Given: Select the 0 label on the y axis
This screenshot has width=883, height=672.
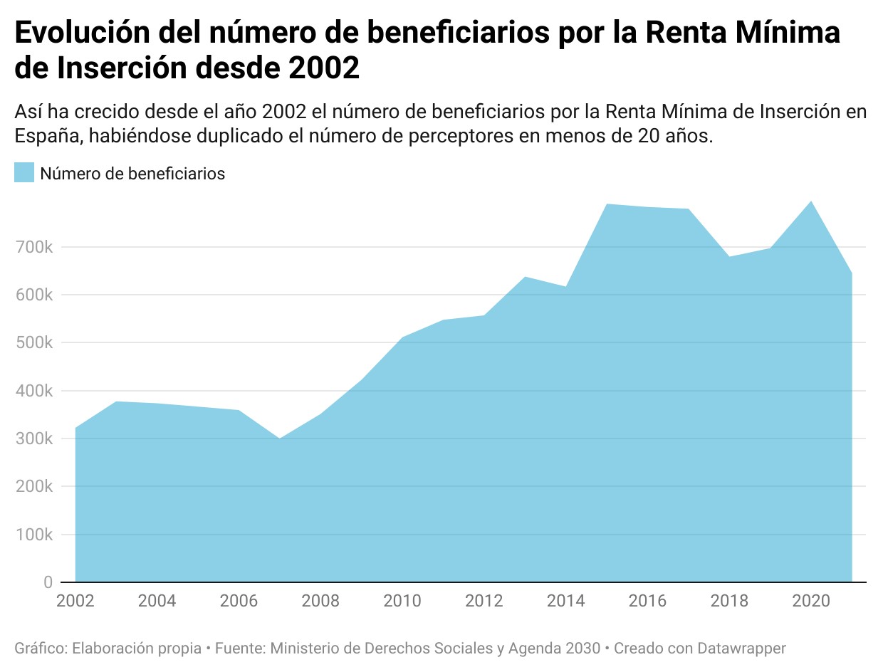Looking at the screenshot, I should (48, 582).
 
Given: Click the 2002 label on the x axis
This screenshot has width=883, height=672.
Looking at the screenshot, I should (75, 601).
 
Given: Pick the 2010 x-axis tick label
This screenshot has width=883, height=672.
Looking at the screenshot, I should (402, 601).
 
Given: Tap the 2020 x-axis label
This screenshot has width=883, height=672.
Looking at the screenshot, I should (811, 601).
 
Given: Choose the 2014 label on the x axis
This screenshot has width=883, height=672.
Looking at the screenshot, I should (566, 601).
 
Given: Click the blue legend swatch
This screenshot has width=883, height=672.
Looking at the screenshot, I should (24, 173).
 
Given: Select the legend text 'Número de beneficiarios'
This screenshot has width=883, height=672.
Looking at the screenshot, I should (132, 174).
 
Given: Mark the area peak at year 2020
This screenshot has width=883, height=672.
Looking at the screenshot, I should (811, 201).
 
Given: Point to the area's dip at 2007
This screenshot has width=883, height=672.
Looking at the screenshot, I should (280, 439).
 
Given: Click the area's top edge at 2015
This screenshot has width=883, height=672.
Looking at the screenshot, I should (607, 204).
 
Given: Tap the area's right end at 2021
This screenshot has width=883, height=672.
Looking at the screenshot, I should (852, 273).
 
